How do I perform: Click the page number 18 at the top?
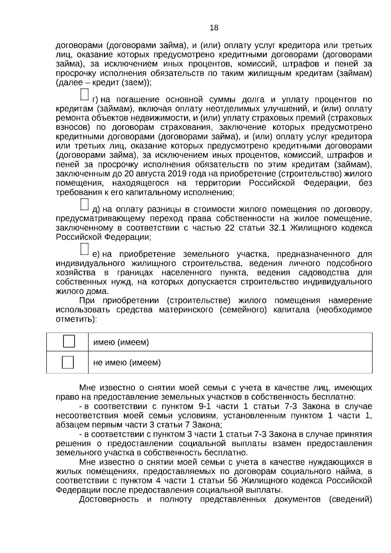click(214, 28)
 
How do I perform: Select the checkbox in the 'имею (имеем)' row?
click(69, 341)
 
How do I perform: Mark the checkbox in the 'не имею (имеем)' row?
click(68, 362)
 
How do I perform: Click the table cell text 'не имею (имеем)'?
click(127, 362)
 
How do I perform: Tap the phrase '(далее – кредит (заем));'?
click(104, 82)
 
